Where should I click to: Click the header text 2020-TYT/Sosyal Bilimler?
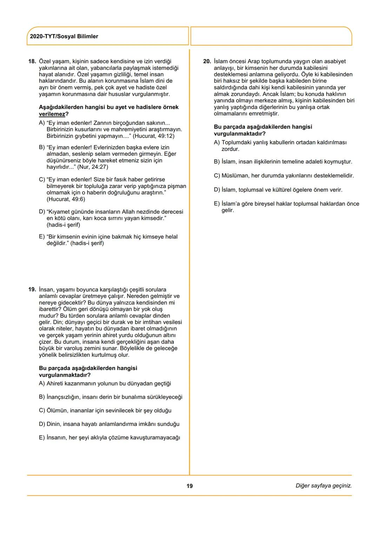click(64, 36)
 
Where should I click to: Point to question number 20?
click(207, 61)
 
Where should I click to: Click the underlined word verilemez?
click(52, 114)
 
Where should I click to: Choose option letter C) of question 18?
click(42, 180)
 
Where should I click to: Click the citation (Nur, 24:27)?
click(93, 167)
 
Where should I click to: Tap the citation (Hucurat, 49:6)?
click(66, 199)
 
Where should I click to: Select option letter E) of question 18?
click(42, 237)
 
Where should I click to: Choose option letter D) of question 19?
click(42, 424)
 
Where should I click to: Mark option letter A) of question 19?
click(42, 384)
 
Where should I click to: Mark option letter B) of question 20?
click(217, 162)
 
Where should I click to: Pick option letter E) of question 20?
click(217, 204)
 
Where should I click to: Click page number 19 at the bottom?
click(189, 486)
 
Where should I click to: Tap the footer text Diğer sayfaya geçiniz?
click(324, 486)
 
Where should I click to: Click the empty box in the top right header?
click(271, 36)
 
